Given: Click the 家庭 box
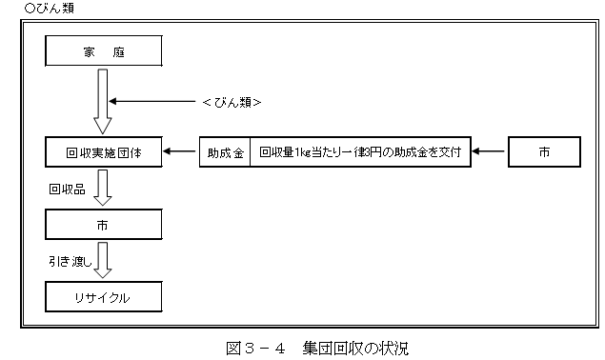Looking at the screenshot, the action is click(x=104, y=50).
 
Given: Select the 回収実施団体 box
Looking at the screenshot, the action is click(x=104, y=152).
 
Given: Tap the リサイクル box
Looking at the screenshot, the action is click(x=104, y=298).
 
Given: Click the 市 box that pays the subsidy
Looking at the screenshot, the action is click(x=543, y=152).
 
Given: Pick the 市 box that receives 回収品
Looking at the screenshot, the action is click(x=104, y=225).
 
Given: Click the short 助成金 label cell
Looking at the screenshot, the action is click(x=225, y=152).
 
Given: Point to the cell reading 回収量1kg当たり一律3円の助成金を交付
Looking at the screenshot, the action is click(x=361, y=152).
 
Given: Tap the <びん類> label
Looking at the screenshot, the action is click(x=232, y=102).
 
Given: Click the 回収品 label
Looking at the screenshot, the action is click(x=67, y=189).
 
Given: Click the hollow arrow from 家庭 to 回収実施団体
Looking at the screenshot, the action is click(x=104, y=101).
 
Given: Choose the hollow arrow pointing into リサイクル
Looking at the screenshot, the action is click(x=104, y=261).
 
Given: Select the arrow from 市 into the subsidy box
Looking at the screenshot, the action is click(x=492, y=152).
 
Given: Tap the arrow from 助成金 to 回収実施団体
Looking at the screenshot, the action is click(x=180, y=152).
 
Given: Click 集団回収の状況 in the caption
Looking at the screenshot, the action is click(x=353, y=347).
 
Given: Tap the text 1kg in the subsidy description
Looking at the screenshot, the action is click(x=304, y=152).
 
